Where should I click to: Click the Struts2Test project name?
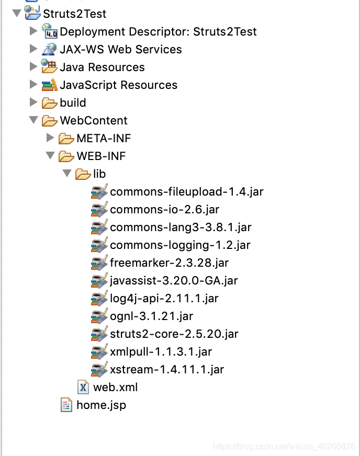(74, 14)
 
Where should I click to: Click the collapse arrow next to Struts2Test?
(16, 13)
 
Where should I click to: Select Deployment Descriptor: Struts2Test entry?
(158, 31)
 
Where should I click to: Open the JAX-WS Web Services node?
(120, 49)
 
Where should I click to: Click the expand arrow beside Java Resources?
(33, 67)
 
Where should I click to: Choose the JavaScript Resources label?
(118, 85)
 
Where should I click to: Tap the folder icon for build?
(50, 103)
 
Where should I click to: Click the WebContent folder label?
(93, 120)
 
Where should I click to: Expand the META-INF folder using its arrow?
(50, 138)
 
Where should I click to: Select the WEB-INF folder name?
(101, 156)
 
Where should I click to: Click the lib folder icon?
(83, 174)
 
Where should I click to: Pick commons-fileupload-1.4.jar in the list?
(186, 191)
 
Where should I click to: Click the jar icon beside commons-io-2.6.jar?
(99, 210)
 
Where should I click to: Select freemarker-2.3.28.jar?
(169, 263)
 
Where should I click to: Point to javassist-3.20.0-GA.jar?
(174, 280)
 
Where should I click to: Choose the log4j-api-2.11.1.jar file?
(164, 298)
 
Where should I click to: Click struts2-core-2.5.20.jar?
(174, 334)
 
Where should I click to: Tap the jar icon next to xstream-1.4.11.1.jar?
(99, 370)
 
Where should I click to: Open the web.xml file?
(115, 387)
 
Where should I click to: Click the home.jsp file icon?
(66, 405)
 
